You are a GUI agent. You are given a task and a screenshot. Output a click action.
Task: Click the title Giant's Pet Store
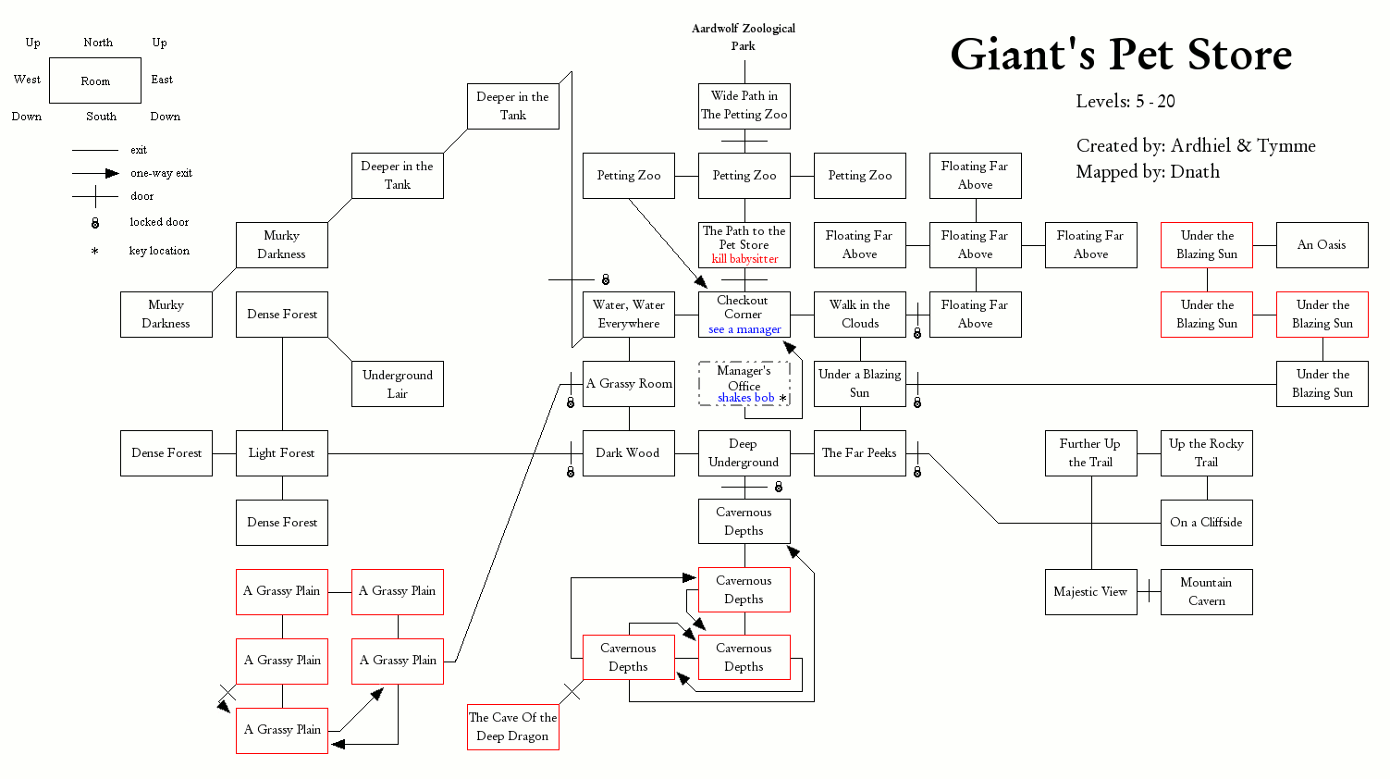click(x=1120, y=55)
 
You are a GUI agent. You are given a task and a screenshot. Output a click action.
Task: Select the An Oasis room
click(x=1322, y=245)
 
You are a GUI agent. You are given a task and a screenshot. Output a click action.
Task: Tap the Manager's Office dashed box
click(x=744, y=383)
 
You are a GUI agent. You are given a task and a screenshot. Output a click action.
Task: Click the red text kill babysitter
click(x=744, y=259)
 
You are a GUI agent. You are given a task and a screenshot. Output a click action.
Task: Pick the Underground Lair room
click(x=398, y=384)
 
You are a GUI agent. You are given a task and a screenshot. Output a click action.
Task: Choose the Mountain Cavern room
click(x=1206, y=592)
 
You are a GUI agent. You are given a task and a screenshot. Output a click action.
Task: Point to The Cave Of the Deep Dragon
click(x=512, y=727)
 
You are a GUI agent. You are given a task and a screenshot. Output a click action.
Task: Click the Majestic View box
click(x=1090, y=592)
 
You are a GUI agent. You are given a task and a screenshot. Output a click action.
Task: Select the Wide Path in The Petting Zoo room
click(x=744, y=105)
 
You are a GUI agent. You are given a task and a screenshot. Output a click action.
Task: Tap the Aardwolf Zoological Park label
click(x=744, y=37)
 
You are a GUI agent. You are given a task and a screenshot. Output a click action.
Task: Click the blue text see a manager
click(x=744, y=329)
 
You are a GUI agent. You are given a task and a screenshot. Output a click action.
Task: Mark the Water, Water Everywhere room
click(x=629, y=315)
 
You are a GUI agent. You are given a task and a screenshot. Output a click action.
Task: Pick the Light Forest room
click(x=282, y=453)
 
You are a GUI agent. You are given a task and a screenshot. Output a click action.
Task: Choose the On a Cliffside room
click(x=1206, y=523)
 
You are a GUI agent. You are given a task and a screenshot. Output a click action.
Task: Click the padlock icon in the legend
click(x=94, y=223)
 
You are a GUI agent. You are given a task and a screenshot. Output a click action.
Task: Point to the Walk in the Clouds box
click(x=860, y=315)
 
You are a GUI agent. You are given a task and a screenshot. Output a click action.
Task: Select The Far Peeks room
click(x=860, y=453)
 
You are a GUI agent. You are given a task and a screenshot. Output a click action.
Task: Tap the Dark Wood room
click(x=629, y=453)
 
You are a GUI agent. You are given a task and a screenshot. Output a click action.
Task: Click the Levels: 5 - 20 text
click(x=1125, y=102)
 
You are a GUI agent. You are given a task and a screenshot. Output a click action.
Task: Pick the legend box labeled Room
click(x=95, y=80)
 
